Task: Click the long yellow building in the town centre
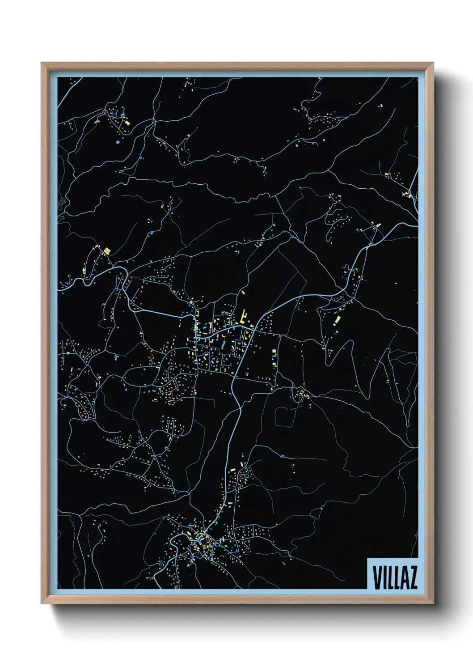click(x=244, y=315)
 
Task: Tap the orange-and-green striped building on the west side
click(x=106, y=251)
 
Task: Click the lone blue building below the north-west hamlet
click(x=118, y=142)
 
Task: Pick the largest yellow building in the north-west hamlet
click(x=127, y=122)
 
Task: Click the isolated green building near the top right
click(x=381, y=106)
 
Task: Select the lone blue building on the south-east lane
click(x=283, y=456)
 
